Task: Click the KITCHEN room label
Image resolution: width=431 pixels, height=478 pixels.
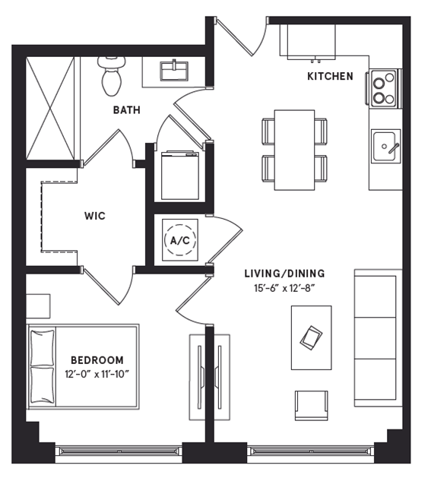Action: pyautogui.click(x=330, y=76)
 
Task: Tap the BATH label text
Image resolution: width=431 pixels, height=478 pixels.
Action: pyautogui.click(x=126, y=110)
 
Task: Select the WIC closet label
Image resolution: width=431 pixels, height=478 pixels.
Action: pyautogui.click(x=95, y=216)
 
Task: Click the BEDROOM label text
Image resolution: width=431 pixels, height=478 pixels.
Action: pyautogui.click(x=97, y=359)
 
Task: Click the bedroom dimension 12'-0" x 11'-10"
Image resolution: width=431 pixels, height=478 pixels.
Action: pyautogui.click(x=97, y=373)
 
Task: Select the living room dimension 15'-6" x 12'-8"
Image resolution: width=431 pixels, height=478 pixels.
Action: pyautogui.click(x=284, y=288)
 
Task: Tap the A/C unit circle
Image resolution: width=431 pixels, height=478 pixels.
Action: pyautogui.click(x=179, y=241)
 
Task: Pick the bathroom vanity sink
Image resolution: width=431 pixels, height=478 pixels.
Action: pyautogui.click(x=177, y=70)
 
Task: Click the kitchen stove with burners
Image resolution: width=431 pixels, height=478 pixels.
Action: pyautogui.click(x=384, y=87)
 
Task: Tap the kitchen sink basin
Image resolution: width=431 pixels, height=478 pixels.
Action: pyautogui.click(x=385, y=142)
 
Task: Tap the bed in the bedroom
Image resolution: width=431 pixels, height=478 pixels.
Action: pyautogui.click(x=84, y=365)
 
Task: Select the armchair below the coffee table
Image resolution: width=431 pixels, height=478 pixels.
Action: pyautogui.click(x=312, y=404)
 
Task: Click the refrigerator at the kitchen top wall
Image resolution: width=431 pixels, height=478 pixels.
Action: pyautogui.click(x=312, y=42)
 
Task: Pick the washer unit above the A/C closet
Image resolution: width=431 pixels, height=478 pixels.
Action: pyautogui.click(x=179, y=176)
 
